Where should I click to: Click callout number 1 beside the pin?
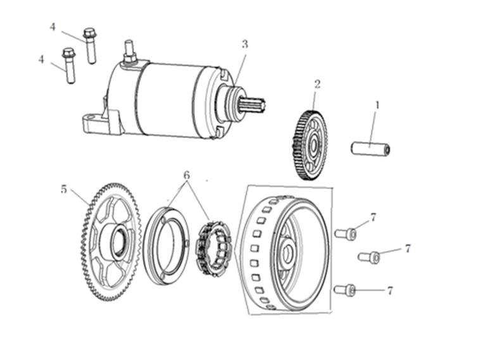(377, 106)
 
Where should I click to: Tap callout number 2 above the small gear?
(317, 84)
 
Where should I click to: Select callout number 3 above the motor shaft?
(245, 44)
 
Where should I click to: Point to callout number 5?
(63, 189)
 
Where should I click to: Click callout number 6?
(187, 175)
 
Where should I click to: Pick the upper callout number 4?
(53, 27)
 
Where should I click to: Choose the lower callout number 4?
(41, 59)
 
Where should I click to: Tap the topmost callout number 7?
(373, 217)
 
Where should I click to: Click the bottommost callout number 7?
(390, 290)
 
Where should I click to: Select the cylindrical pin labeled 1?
(370, 148)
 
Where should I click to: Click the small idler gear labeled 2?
(309, 146)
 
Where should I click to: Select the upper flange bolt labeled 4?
(90, 46)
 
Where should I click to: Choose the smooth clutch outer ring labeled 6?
(166, 245)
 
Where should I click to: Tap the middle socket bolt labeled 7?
(368, 256)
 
